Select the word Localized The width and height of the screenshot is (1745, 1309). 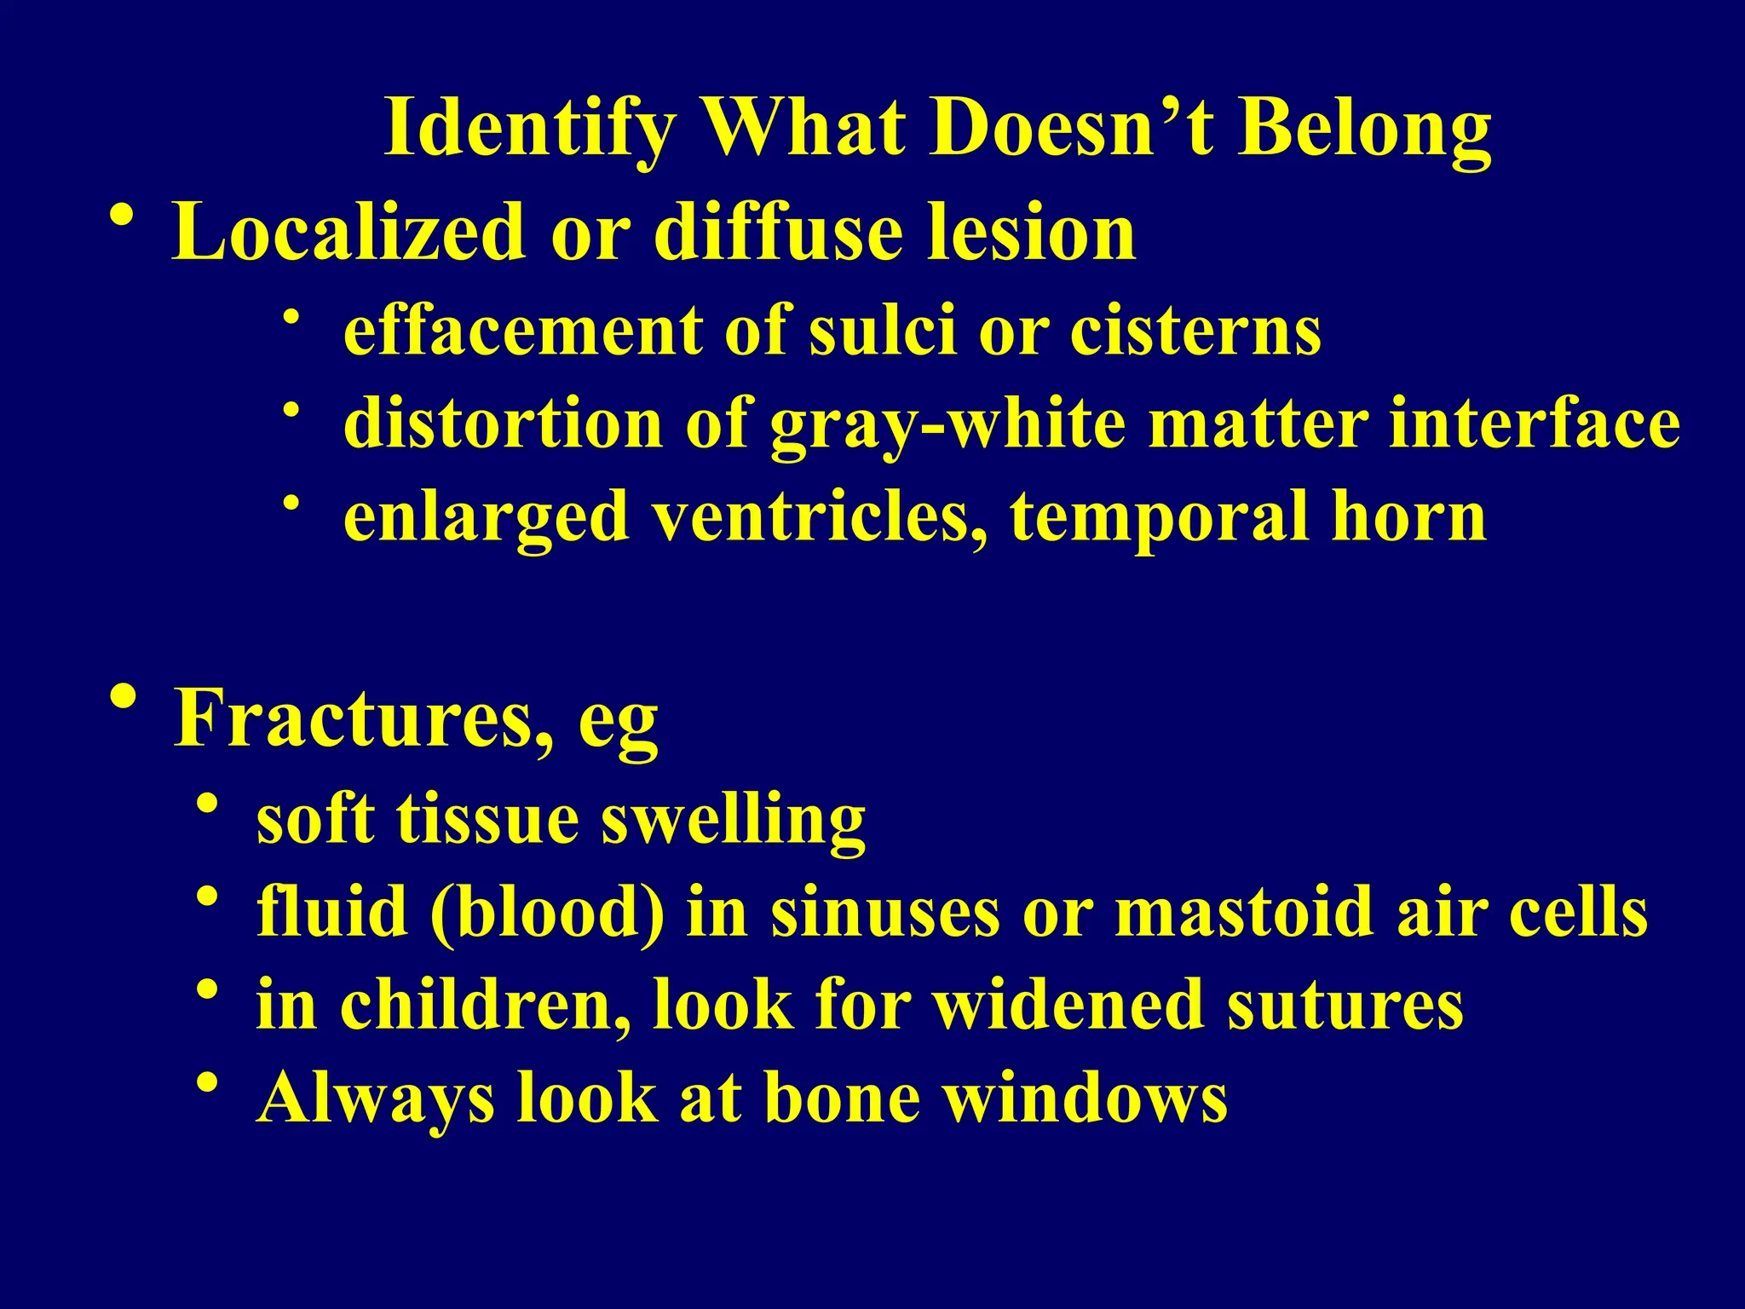tap(348, 232)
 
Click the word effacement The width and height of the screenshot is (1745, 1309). tap(523, 331)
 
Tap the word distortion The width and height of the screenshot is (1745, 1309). tap(503, 424)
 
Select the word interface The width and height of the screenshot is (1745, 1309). tap(1535, 424)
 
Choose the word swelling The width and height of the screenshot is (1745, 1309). tap(733, 820)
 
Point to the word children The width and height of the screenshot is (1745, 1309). tap(486, 1006)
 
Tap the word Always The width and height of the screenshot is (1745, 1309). tap(376, 1099)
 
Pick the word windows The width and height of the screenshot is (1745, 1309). tap(1086, 1099)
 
